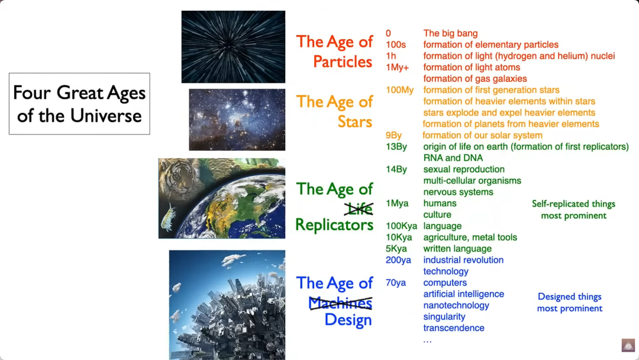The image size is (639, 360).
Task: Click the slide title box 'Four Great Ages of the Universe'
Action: (79, 104)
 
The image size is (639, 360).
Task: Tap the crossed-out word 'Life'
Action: (359, 208)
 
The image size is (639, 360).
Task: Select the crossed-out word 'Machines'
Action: (340, 303)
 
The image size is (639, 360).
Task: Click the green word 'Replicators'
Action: (334, 224)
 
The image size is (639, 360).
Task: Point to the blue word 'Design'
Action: (348, 320)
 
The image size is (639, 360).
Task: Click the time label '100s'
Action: (396, 44)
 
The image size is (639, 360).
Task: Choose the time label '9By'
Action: (393, 136)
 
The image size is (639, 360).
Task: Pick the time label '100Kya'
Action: (401, 226)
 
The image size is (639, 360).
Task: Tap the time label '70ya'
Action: (396, 282)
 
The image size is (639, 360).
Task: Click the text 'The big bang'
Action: (450, 33)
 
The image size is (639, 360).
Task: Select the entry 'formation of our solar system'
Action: (483, 136)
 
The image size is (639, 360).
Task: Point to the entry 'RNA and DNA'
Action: (453, 157)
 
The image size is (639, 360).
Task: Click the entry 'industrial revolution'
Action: (463, 260)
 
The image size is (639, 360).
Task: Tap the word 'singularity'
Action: (444, 317)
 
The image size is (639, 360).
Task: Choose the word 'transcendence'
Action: (454, 328)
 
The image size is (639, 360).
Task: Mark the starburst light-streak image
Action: (233, 47)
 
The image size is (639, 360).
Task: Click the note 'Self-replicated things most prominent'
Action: (573, 210)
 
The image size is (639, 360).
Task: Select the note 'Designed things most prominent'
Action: (570, 303)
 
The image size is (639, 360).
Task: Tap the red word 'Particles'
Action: (343, 62)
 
